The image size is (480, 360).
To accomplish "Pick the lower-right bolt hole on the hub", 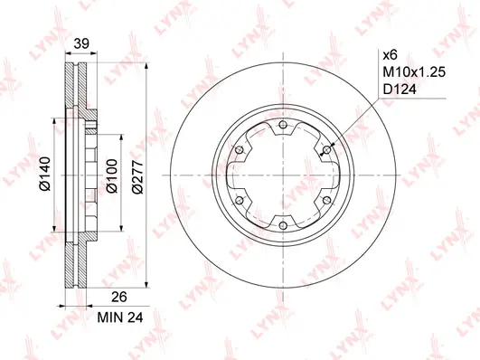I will click(325, 201).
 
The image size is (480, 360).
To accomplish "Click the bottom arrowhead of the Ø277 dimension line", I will click(147, 292).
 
